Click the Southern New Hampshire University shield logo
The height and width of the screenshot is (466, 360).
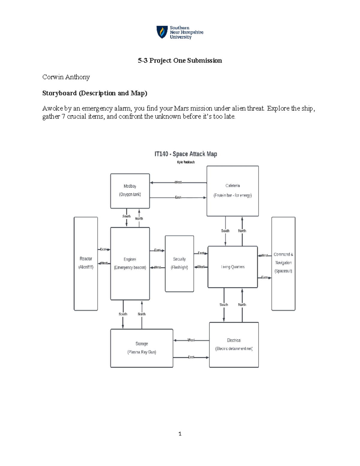click(x=162, y=32)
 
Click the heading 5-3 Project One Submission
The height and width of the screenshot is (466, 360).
click(x=180, y=61)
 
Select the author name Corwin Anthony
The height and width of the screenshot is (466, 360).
click(x=66, y=77)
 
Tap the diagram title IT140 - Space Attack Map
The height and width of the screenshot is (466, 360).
click(x=186, y=154)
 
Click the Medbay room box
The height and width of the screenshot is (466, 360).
click(x=130, y=191)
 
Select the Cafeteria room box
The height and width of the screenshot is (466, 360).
click(x=232, y=191)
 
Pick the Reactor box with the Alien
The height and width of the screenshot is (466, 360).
click(x=86, y=263)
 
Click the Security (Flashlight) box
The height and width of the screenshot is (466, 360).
click(x=179, y=263)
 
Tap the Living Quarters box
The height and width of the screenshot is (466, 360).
click(x=232, y=267)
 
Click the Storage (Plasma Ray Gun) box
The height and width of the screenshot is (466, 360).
click(x=142, y=348)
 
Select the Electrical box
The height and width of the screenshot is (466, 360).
click(x=234, y=344)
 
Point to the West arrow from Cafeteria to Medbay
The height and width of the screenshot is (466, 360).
click(x=178, y=182)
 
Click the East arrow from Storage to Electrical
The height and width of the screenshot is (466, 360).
click(x=191, y=357)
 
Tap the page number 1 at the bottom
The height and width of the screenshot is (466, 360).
click(x=180, y=434)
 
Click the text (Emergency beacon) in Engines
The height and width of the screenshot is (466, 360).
click(x=130, y=268)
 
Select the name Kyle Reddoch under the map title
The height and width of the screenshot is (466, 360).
click(x=186, y=162)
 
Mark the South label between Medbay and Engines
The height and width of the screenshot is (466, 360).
click(x=126, y=216)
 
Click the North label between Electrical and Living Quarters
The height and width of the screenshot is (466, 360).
click(x=242, y=305)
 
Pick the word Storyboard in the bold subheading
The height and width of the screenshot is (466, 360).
click(x=59, y=93)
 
